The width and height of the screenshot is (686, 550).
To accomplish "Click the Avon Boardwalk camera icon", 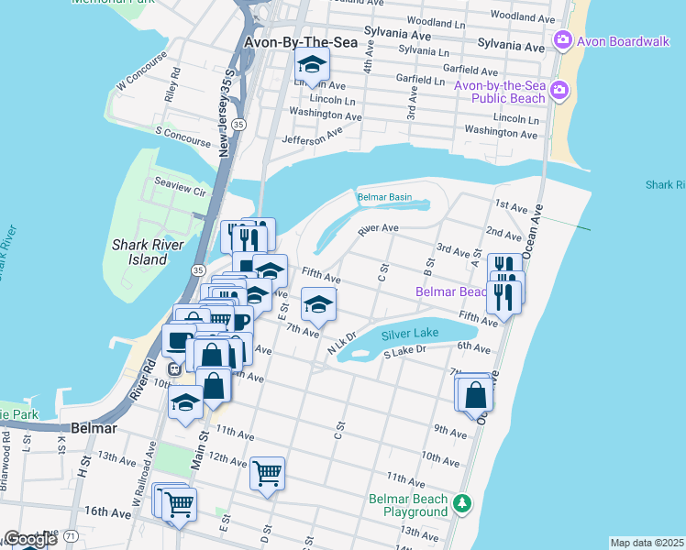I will [562, 40].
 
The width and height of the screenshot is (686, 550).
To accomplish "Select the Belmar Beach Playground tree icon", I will [464, 502].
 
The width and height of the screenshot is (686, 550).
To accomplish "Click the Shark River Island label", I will [139, 252].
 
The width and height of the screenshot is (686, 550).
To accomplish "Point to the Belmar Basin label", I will [384, 197].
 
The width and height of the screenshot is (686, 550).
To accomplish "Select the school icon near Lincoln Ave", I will [312, 65].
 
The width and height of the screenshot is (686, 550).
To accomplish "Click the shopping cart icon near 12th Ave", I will [267, 474].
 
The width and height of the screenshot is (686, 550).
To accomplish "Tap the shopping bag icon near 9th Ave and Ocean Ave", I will [476, 395].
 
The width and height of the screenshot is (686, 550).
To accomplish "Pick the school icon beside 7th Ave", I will [318, 304].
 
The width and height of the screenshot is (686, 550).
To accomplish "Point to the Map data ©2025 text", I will [646, 543].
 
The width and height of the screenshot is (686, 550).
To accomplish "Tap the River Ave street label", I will [378, 228].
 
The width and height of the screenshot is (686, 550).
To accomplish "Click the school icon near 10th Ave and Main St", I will [186, 402].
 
